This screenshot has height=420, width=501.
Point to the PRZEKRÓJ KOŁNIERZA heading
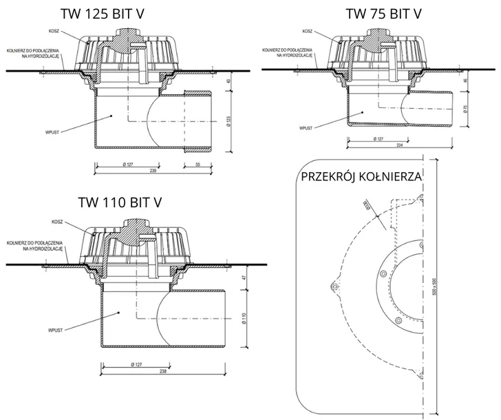tap(362, 177)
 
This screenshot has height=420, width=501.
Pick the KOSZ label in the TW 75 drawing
tap(308, 31)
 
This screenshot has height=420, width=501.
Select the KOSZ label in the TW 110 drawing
tap(57, 222)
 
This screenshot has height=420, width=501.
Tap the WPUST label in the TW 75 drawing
tap(306, 127)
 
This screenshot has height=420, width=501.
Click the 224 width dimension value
tap(399, 145)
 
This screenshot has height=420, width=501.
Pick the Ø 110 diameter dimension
tap(244, 317)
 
